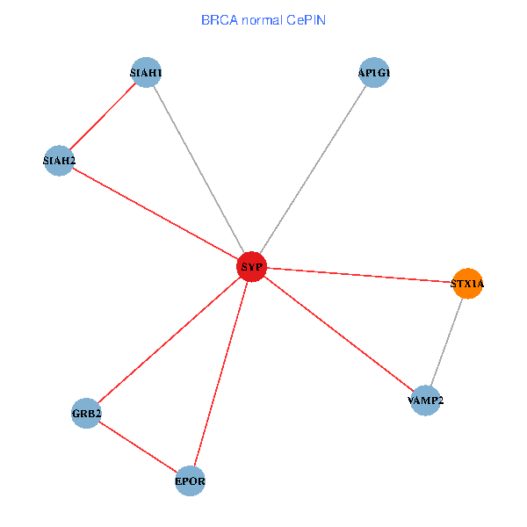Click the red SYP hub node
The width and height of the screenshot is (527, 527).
click(251, 266)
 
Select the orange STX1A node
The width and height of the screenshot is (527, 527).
click(467, 284)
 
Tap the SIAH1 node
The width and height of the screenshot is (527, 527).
click(146, 73)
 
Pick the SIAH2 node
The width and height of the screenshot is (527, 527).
click(59, 161)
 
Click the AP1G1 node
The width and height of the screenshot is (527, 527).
click(374, 73)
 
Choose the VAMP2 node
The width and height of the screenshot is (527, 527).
click(425, 401)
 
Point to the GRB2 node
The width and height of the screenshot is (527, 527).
click(86, 413)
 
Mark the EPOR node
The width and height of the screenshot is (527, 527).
click(191, 481)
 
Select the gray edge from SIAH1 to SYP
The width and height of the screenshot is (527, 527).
click(199, 170)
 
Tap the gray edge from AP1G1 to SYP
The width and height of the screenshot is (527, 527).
click(313, 170)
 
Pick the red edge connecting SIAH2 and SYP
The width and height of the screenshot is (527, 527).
click(155, 213)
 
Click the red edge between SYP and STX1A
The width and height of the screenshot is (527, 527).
click(359, 275)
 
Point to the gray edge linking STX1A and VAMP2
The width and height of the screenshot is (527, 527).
click(446, 343)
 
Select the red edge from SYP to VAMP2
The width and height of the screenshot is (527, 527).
click(338, 334)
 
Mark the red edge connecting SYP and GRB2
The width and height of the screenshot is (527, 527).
click(169, 340)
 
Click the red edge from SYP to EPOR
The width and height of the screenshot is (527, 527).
click(220, 374)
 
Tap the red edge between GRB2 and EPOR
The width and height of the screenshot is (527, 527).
click(138, 447)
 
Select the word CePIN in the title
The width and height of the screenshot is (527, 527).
click(306, 19)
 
